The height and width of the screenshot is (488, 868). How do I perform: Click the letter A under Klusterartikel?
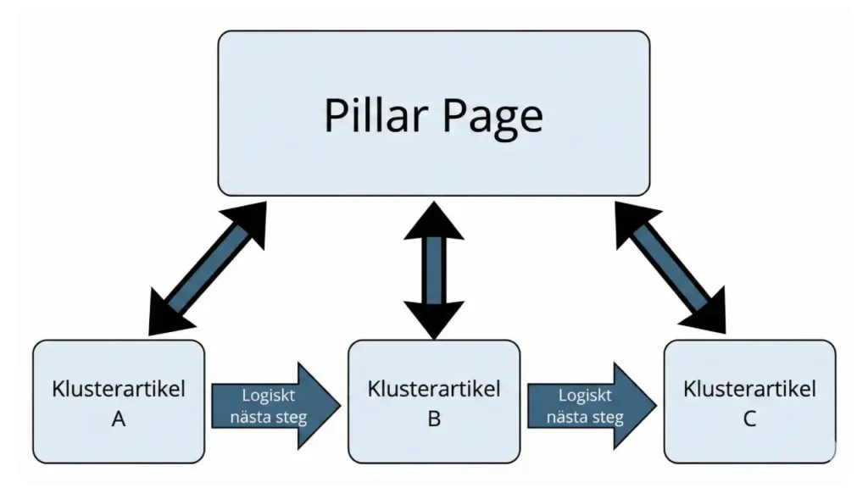coord(119,419)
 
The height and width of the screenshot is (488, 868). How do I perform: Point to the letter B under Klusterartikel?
coord(434,419)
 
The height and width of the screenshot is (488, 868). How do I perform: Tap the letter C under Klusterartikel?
coord(749,419)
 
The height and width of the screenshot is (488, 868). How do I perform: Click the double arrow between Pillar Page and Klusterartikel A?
coord(208,268)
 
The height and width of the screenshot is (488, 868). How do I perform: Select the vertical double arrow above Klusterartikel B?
coord(434,269)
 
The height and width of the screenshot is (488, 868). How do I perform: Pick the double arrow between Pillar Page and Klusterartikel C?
coord(670,268)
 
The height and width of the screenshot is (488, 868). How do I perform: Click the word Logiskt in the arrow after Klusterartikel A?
coord(269,396)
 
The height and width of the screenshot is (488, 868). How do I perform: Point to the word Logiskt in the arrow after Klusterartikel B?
coord(585,396)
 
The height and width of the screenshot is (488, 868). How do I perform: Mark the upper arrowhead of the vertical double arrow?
coord(434,223)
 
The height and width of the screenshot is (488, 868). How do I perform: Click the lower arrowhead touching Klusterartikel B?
coord(434,319)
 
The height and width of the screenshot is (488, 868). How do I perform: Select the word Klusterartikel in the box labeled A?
coord(119,390)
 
